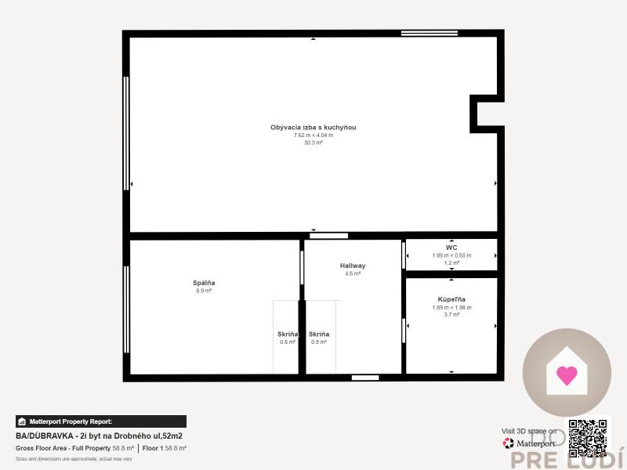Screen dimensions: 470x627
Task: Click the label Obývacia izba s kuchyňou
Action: (313, 127)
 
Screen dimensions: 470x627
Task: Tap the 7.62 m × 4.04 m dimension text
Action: (313, 135)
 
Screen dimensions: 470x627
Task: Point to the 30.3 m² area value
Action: (313, 143)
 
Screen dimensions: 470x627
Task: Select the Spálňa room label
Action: (204, 283)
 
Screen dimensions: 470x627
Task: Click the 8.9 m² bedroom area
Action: (204, 291)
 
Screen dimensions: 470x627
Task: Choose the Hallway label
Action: (353, 266)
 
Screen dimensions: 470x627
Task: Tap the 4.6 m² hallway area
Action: (353, 273)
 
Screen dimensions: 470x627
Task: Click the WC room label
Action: (451, 248)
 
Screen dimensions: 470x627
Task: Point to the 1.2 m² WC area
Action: (451, 263)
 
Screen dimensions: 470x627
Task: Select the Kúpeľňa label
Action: (451, 299)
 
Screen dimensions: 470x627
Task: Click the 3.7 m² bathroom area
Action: (451, 314)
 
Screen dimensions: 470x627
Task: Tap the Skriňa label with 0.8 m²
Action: (288, 334)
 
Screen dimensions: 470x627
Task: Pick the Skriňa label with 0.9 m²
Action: (319, 334)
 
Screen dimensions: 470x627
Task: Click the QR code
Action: (589, 437)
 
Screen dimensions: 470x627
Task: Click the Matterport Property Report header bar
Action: (101, 421)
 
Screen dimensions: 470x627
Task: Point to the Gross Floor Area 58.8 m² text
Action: (75, 448)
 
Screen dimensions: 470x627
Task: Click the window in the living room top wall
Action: (419, 33)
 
